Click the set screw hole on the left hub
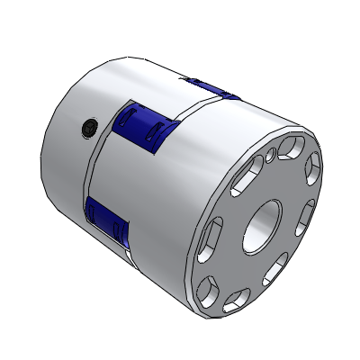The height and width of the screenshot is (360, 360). coord(86,130)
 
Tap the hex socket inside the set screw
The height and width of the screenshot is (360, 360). coord(86,130)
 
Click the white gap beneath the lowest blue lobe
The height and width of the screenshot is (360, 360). coord(121,249)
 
